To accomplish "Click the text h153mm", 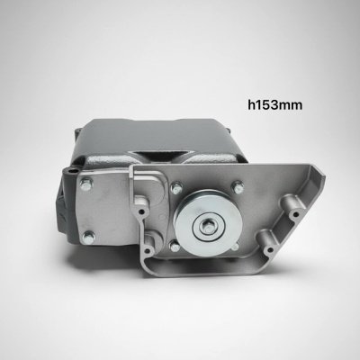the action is click(274, 105).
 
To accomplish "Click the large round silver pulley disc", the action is click(208, 223).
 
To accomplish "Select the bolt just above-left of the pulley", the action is click(176, 188).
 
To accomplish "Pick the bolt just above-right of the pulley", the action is click(238, 186).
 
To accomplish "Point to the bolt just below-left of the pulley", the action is click(175, 246).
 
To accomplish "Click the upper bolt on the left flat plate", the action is click(86, 184).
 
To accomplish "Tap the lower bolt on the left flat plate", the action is click(88, 238).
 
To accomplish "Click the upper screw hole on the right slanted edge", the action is click(296, 214).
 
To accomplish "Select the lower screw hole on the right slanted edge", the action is click(270, 249).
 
